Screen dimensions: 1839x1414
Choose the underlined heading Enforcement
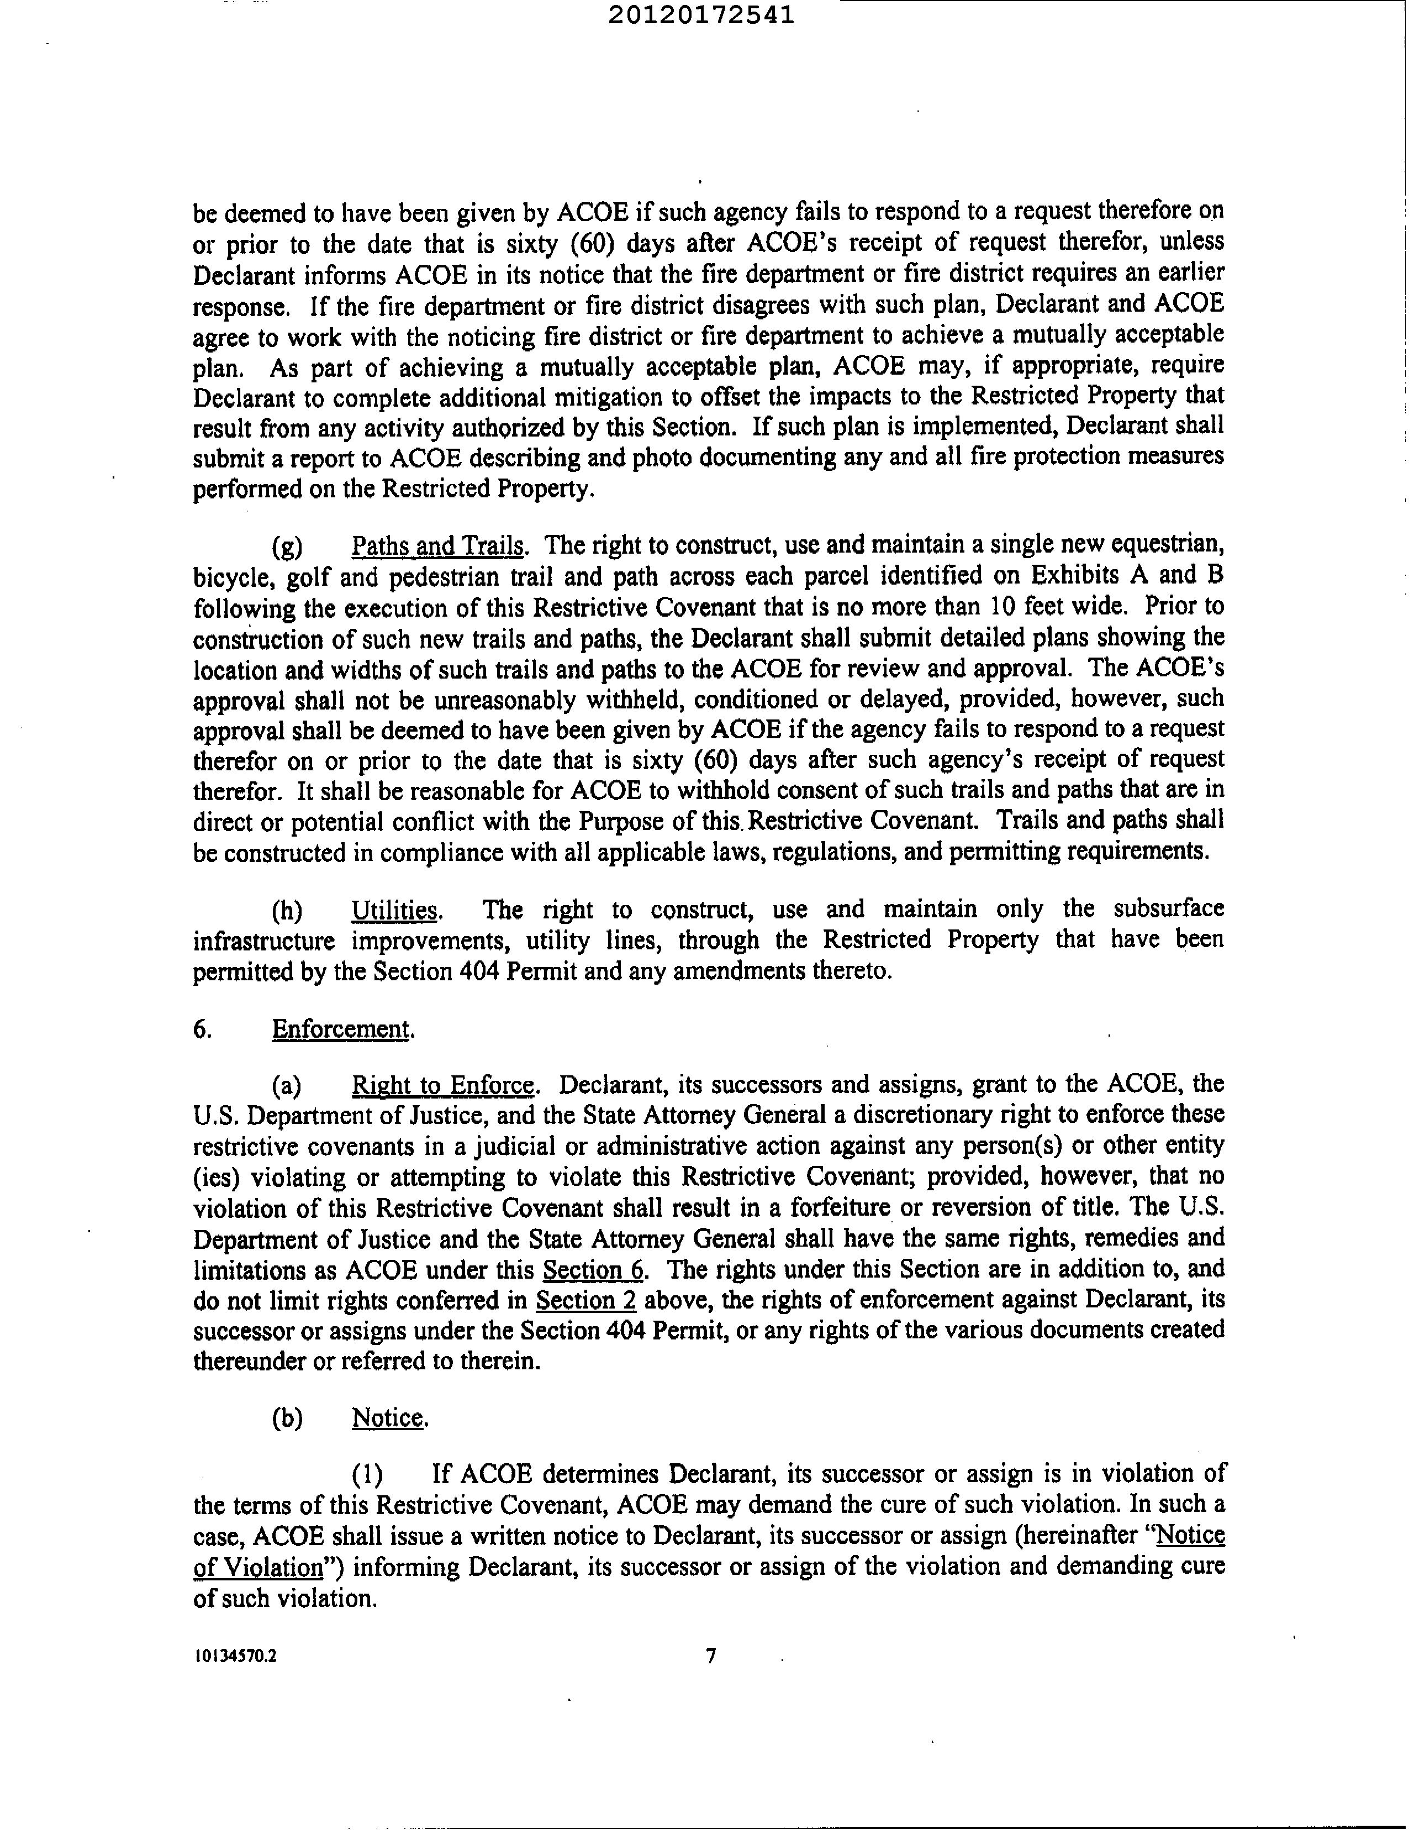(x=341, y=1029)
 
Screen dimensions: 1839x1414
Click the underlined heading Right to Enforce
(x=443, y=1085)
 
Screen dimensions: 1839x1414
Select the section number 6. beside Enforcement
(x=202, y=1029)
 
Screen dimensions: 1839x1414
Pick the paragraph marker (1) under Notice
(x=367, y=1474)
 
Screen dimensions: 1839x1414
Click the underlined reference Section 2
(x=586, y=1300)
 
